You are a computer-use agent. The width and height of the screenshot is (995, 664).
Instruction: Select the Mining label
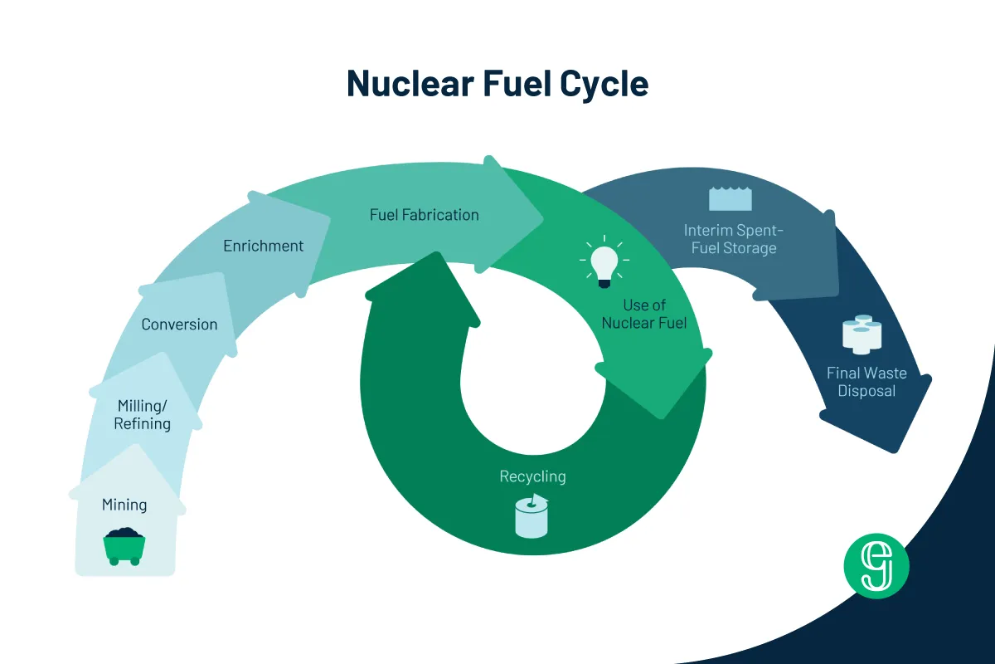[124, 505]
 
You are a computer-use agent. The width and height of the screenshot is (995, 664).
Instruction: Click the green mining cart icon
[124, 546]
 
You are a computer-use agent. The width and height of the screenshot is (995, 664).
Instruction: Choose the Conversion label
[179, 325]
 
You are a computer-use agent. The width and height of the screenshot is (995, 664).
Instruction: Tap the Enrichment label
[264, 246]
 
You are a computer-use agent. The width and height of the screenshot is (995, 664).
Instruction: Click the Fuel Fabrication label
[425, 215]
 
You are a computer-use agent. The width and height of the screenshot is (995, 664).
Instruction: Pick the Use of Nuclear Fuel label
[644, 315]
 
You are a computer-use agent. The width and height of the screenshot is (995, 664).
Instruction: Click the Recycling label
[532, 476]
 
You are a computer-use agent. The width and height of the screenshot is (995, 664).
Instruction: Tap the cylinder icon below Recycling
[532, 516]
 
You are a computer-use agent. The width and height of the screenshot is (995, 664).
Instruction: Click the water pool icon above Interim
[730, 199]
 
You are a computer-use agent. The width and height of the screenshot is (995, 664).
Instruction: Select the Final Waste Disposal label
[866, 382]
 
